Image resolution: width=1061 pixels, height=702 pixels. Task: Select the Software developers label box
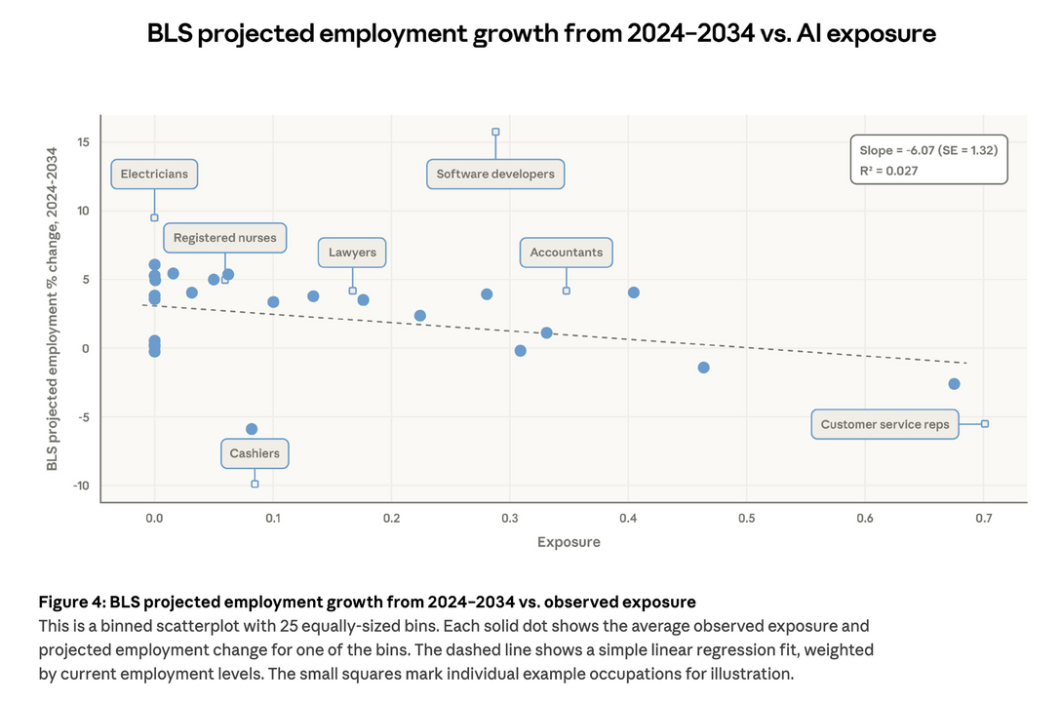(x=495, y=175)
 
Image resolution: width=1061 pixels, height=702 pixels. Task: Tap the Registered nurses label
(x=224, y=238)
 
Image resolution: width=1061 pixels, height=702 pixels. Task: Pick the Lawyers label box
(x=352, y=253)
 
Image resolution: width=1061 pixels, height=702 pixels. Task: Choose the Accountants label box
(x=566, y=253)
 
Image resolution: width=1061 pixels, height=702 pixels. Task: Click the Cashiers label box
(x=255, y=453)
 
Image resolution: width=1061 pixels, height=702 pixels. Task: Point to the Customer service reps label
(x=884, y=425)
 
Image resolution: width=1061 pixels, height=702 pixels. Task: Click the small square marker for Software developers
(x=495, y=132)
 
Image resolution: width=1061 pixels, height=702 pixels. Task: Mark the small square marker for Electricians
(x=154, y=217)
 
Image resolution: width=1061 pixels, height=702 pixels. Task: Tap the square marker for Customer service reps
(x=985, y=423)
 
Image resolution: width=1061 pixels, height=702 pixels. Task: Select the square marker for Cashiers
(x=255, y=484)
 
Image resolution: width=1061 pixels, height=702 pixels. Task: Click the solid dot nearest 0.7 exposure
(x=954, y=384)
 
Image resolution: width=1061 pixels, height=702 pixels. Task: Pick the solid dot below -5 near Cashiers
(x=252, y=429)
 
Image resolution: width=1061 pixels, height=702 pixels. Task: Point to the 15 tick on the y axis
(x=84, y=142)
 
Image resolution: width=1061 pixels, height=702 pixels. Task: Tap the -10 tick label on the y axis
(x=81, y=486)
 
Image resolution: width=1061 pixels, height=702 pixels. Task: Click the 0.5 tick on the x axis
(x=746, y=518)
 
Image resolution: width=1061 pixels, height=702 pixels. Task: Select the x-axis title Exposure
(x=569, y=542)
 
